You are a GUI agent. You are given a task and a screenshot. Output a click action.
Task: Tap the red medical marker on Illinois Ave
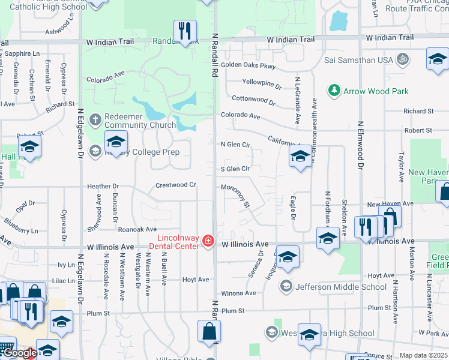point(208,241)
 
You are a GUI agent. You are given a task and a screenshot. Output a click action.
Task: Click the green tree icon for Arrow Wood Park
point(334,91)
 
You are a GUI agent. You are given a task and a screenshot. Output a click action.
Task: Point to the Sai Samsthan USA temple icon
point(403,60)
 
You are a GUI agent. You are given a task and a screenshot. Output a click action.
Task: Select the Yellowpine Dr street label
point(262,83)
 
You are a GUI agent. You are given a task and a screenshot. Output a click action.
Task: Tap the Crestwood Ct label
point(176,185)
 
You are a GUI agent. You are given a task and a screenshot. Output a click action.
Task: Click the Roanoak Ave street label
point(137,229)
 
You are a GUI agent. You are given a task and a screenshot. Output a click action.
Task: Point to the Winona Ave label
point(238,293)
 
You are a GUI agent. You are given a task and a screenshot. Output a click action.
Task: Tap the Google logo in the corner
point(19,353)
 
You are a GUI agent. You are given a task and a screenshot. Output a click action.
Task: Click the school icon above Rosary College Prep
point(116,142)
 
